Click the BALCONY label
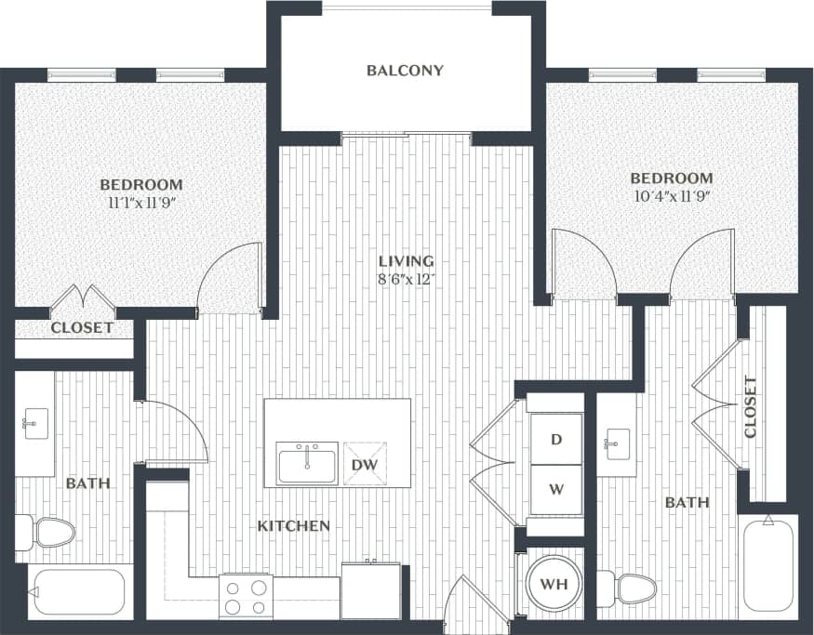tap(405, 71)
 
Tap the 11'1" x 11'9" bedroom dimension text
tap(140, 202)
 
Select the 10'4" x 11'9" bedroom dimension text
tap(671, 196)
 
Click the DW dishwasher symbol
tap(364, 463)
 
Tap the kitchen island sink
tap(306, 463)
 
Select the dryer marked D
tap(555, 439)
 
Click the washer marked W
tap(555, 488)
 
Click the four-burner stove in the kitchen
tap(246, 595)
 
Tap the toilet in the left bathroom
tap(47, 533)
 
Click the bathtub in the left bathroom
tap(77, 593)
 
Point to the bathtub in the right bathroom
tap(767, 565)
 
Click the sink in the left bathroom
tap(34, 425)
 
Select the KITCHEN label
tap(293, 526)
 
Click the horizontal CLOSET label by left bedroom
tap(82, 328)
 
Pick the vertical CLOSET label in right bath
tap(751, 407)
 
